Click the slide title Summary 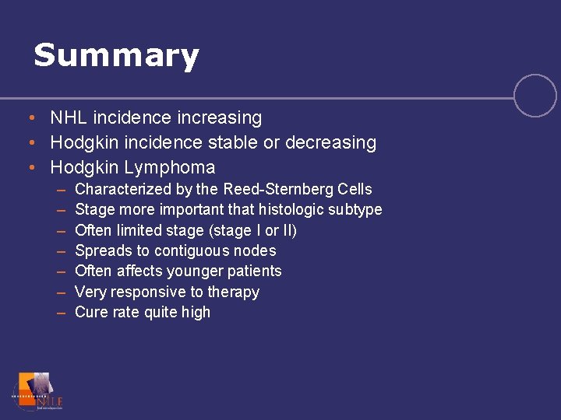tap(116, 56)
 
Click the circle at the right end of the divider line tap(535, 96)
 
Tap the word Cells tap(356, 189)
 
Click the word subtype tap(356, 210)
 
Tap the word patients tap(254, 271)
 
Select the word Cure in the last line tap(90, 313)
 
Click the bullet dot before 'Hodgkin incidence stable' tap(29, 143)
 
